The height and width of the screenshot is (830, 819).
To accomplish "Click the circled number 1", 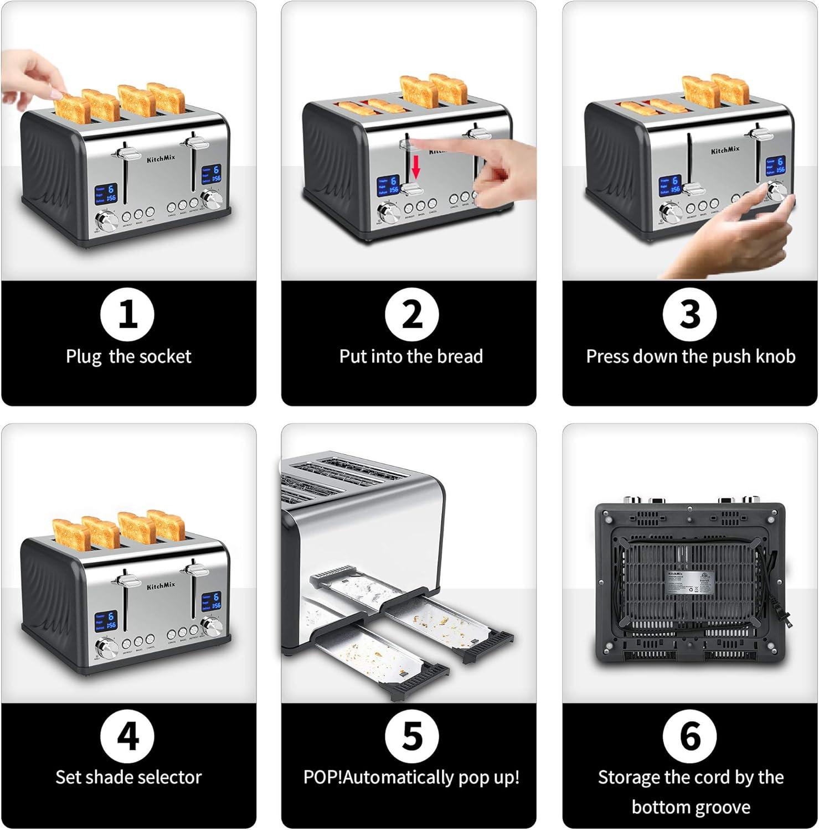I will click(x=128, y=314).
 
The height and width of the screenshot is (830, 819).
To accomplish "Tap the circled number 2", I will click(x=411, y=314).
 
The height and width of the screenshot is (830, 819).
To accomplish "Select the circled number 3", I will click(x=690, y=314).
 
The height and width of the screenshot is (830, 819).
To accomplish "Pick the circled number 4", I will click(x=128, y=736).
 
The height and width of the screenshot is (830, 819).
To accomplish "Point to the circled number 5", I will click(x=411, y=736).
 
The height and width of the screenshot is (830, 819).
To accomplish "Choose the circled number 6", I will click(x=690, y=736).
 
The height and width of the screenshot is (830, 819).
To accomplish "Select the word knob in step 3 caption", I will click(x=776, y=356).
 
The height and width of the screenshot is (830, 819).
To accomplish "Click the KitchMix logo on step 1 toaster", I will click(x=161, y=158).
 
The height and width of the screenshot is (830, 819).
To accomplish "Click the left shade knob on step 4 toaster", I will click(x=106, y=647).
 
